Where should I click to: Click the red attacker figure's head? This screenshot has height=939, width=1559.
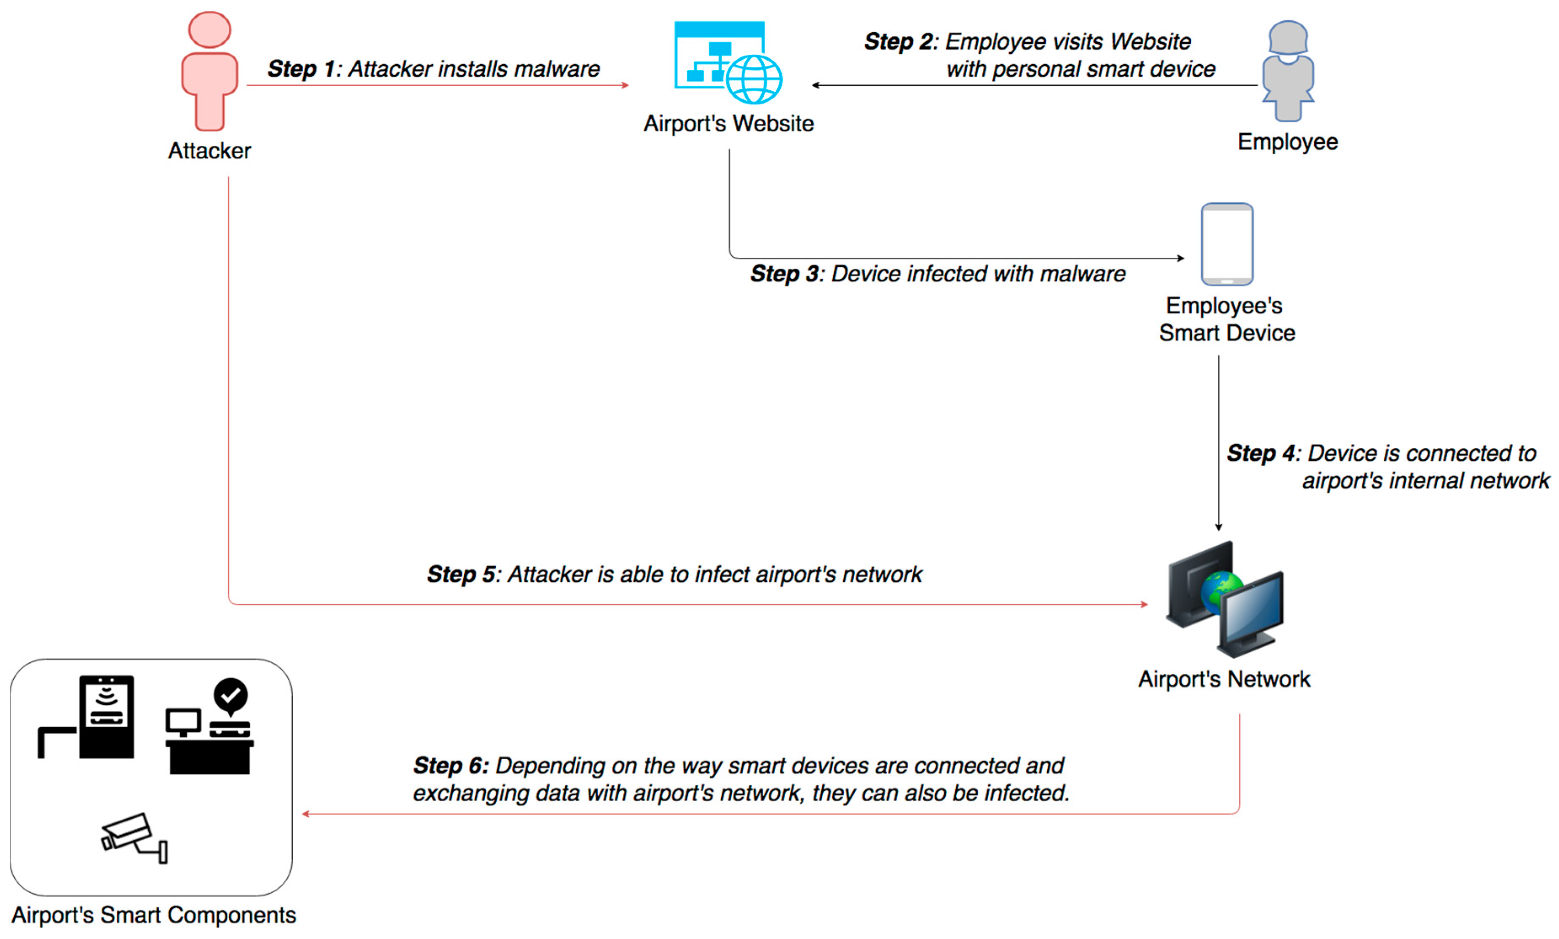point(209,30)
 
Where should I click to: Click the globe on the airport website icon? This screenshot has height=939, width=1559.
point(754,80)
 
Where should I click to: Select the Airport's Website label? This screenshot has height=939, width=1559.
point(728,123)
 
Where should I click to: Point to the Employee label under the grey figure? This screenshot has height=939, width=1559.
point(1288,141)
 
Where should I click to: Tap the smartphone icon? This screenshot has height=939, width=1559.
point(1227,244)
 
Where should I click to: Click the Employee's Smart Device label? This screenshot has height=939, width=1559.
point(1226,319)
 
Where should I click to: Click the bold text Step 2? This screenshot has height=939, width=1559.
point(897,42)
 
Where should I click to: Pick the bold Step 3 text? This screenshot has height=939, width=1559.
point(784,274)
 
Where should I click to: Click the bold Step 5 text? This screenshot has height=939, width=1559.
point(460,574)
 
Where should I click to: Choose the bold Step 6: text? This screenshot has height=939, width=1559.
point(450,766)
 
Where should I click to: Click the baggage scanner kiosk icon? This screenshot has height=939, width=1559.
point(106,716)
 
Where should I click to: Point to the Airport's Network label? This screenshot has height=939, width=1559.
point(1224,679)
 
